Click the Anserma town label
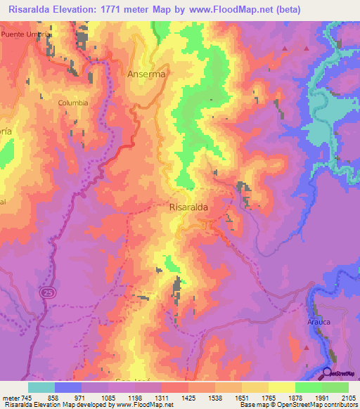point(146,73)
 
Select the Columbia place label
point(73,103)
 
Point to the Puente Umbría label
point(26,34)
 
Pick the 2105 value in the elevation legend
point(348,397)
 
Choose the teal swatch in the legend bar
point(41,387)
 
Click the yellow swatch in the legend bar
point(281,387)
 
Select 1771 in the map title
point(115,10)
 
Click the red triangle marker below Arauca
point(307,346)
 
